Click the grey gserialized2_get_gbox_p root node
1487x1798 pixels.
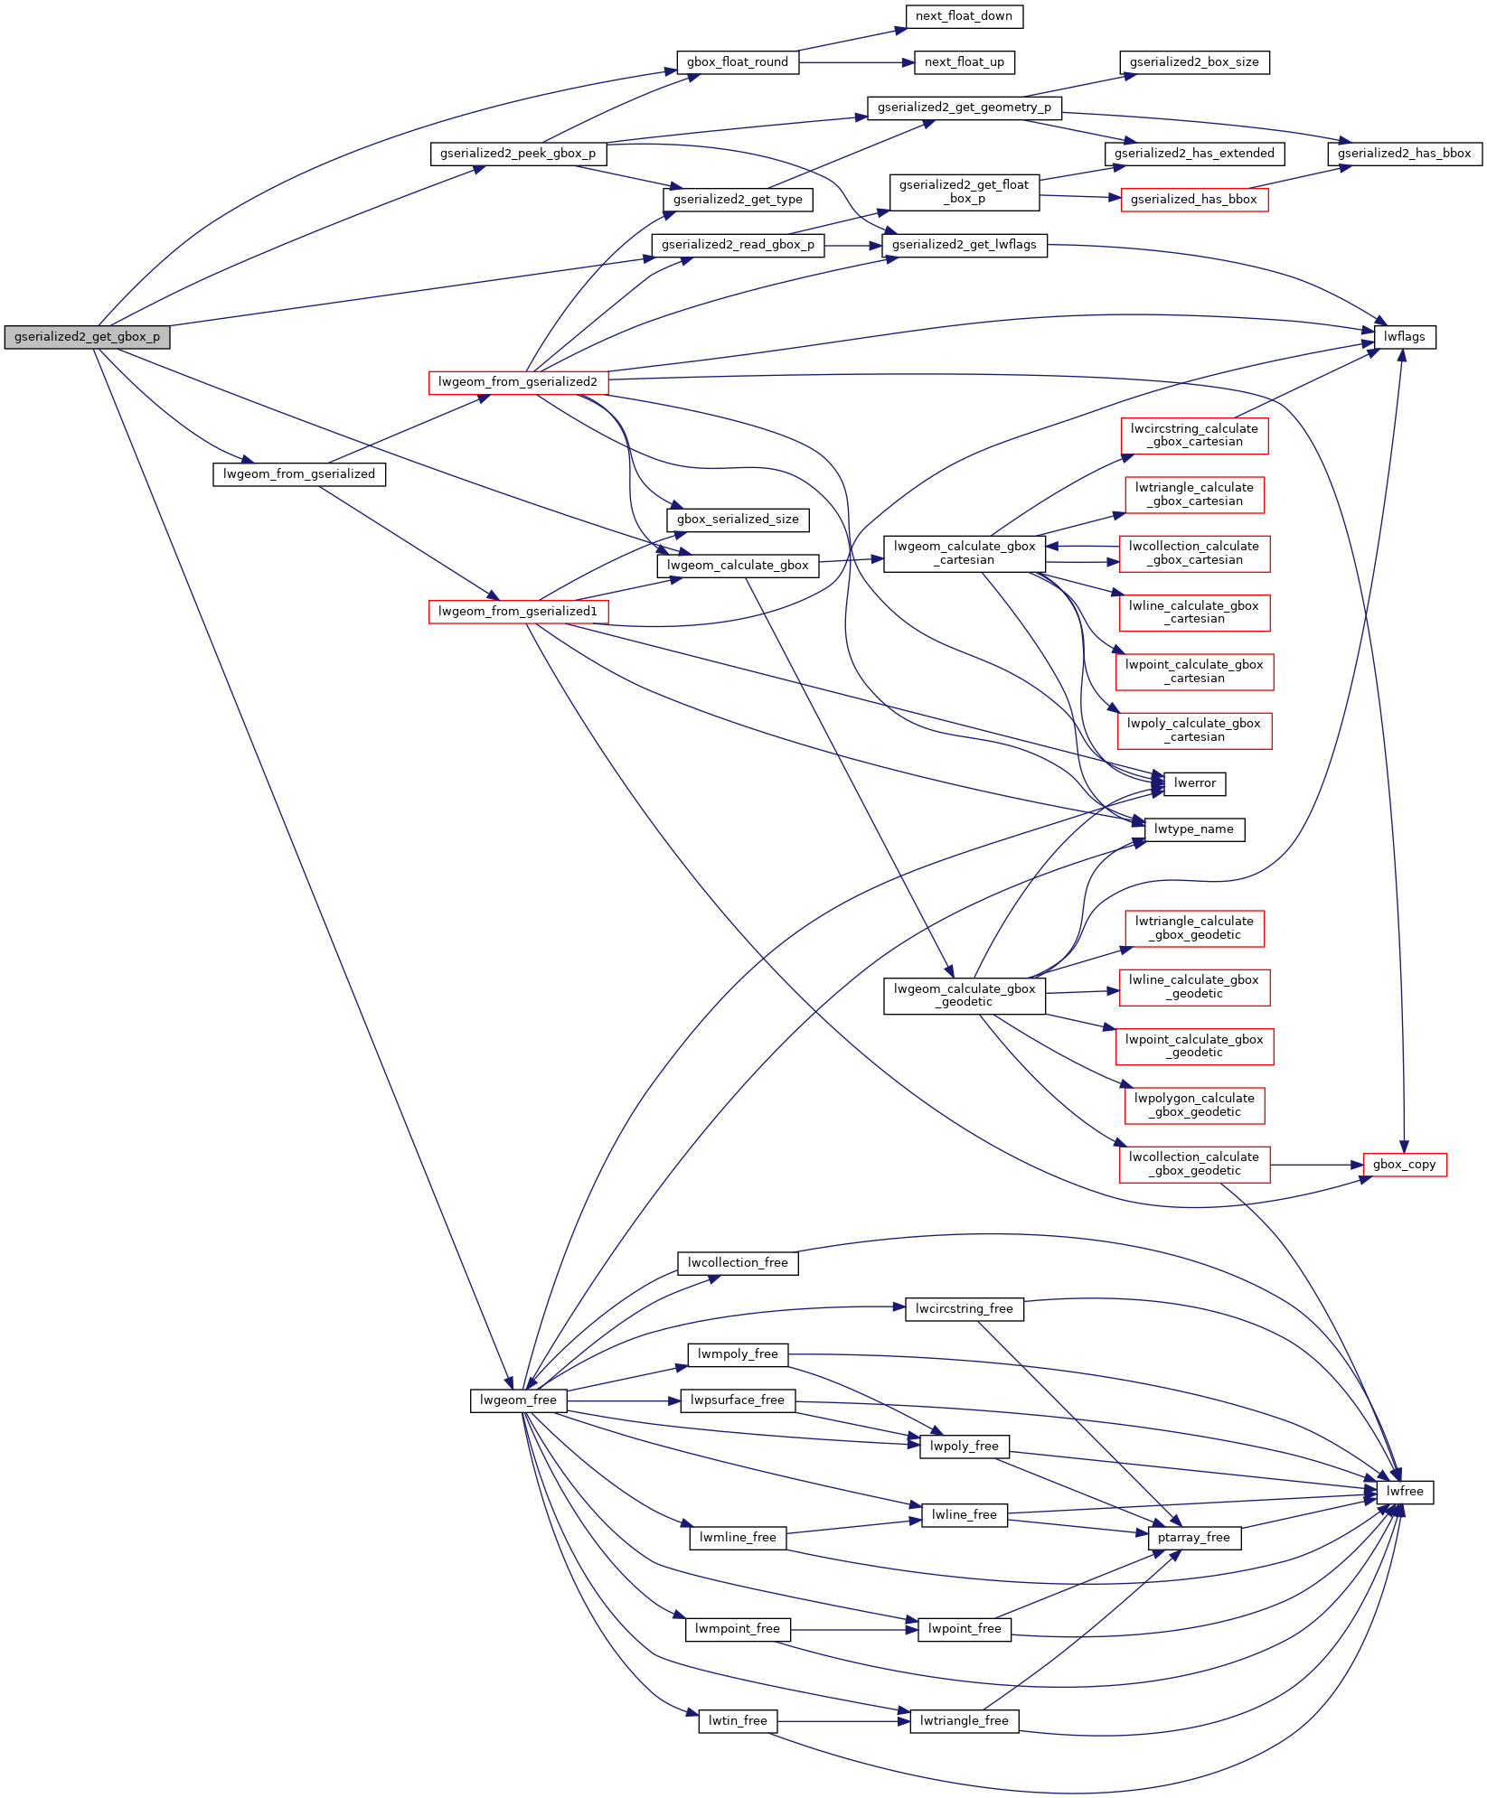coord(87,337)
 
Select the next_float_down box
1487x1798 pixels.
coord(964,16)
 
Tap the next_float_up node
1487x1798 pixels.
coord(964,62)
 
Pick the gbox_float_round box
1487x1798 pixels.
coord(737,62)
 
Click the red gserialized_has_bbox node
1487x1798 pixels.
coord(1193,200)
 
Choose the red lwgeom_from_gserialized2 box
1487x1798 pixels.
coord(517,382)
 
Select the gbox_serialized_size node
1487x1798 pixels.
coord(737,520)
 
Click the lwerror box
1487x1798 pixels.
coord(1194,783)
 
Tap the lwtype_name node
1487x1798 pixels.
coord(1193,829)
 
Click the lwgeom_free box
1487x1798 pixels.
coord(518,1400)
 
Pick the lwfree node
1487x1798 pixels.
coord(1404,1492)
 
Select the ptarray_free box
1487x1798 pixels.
coord(1193,1538)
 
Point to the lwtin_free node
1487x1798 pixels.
coord(737,1721)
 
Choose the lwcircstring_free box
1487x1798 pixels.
coord(964,1309)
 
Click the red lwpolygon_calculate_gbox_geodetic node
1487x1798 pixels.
coord(1193,1105)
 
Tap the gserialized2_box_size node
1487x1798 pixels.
coord(1193,62)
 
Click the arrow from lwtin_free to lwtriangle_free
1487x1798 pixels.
coord(841,1721)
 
